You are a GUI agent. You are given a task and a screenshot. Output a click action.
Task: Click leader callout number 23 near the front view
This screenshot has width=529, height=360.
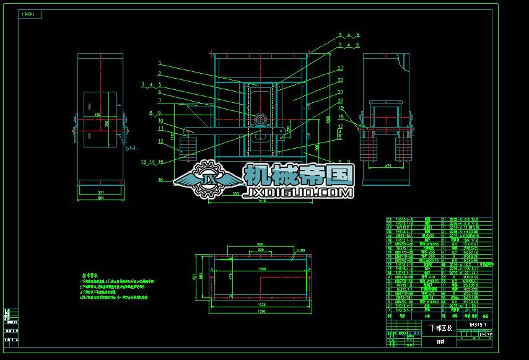pyautogui.click(x=340, y=68)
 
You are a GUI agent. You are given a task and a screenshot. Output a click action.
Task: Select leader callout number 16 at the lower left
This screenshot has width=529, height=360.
pyautogui.click(x=160, y=180)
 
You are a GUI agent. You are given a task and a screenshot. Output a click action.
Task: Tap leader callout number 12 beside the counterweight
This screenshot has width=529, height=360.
pyautogui.click(x=159, y=141)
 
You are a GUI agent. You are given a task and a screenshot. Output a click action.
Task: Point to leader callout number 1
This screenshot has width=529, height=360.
pyautogui.click(x=160, y=63)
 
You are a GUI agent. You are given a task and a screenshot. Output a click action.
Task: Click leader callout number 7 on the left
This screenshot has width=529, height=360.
pyautogui.click(x=160, y=100)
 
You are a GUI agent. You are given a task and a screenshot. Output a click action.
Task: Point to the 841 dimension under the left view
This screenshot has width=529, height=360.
pyautogui.click(x=100, y=198)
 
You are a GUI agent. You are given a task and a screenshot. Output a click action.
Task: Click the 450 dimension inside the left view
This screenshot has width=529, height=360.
pyautogui.click(x=98, y=115)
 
